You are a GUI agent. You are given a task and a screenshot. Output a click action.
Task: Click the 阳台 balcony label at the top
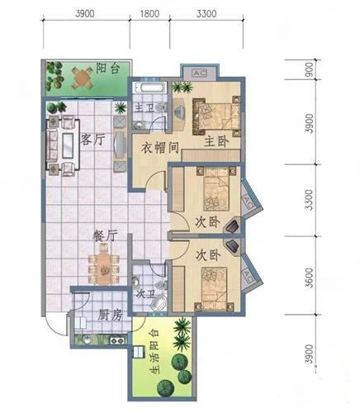pos(108,68)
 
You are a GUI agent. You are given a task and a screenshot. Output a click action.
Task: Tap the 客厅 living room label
pos(92,140)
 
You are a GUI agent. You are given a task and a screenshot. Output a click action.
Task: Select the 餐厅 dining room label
pos(105,236)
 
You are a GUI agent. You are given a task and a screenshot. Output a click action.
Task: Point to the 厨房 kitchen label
pos(110,316)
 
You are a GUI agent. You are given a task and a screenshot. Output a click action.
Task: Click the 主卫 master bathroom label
pos(144,108)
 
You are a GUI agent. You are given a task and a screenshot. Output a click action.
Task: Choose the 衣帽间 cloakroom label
pos(160,148)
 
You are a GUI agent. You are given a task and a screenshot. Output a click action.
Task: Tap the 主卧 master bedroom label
pos(216,142)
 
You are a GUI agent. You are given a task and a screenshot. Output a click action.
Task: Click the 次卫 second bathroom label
pos(145,294)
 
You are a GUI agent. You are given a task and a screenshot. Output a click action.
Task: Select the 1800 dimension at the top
pos(149,13)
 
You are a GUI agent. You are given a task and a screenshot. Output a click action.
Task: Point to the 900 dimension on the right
pos(310,69)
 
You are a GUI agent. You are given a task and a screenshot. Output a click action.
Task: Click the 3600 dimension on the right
pos(310,278)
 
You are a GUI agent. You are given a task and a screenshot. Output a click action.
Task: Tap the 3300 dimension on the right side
pos(310,200)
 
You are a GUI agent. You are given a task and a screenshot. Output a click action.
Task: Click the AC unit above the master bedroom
pos(200,73)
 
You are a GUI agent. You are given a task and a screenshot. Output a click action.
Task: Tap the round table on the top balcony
pos(82,78)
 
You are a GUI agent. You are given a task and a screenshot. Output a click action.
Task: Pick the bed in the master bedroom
pos(216,116)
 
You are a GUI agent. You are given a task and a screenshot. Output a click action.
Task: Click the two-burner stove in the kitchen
pos(116,341)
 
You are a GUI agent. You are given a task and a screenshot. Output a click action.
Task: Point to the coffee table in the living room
pos(68,145)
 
